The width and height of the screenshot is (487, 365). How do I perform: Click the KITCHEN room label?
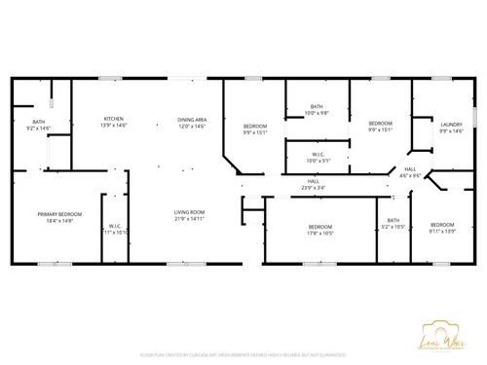point(114,119)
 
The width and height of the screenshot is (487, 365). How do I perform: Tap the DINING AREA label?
point(190,119)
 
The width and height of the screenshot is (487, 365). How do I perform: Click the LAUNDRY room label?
point(451,124)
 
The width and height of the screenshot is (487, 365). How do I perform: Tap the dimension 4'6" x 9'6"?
point(412,176)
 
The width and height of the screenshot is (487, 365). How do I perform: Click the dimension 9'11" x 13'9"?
point(442,232)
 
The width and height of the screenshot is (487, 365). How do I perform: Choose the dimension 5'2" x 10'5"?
point(393,227)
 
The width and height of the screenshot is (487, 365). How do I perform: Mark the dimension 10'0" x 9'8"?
point(318,113)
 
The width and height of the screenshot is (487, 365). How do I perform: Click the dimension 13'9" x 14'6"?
point(114,127)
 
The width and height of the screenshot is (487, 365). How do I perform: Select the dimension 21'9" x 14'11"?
point(189,218)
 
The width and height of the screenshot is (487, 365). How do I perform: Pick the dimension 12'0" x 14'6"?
point(190,127)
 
